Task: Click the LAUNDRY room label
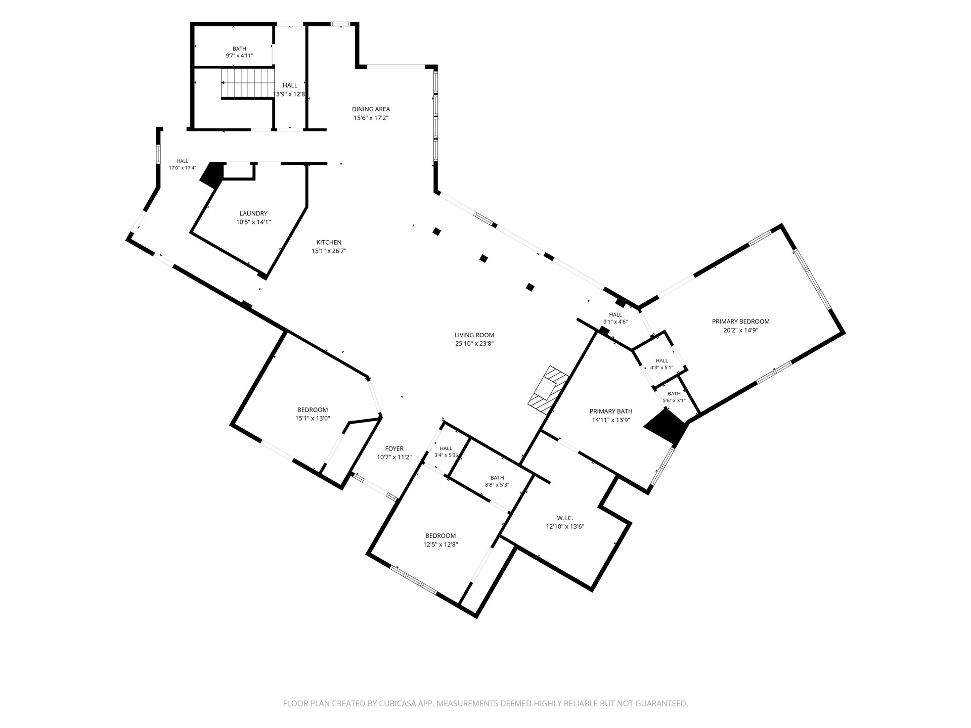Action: (253, 213)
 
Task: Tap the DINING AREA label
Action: (371, 109)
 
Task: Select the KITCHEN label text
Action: (329, 242)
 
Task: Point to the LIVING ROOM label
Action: (474, 335)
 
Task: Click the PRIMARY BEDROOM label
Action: (740, 321)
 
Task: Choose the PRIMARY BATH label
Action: (611, 411)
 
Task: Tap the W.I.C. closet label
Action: (565, 518)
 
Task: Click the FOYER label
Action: (394, 448)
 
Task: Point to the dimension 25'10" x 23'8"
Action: (474, 344)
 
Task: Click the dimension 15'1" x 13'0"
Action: (313, 418)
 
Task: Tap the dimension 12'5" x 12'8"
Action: (440, 544)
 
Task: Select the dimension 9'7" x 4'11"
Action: (239, 56)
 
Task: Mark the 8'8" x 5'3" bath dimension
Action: (497, 485)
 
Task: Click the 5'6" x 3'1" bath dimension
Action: (674, 400)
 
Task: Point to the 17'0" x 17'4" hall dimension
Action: (182, 168)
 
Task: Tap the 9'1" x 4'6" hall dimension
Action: (615, 322)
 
